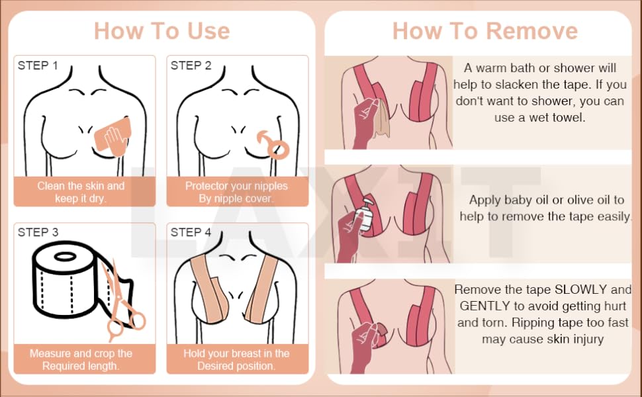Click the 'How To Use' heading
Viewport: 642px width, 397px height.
pyautogui.click(x=161, y=31)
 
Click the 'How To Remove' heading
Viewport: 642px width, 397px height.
pyautogui.click(x=484, y=31)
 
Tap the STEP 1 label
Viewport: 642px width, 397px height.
pyautogui.click(x=38, y=66)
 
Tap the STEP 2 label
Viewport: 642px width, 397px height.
pyautogui.click(x=191, y=66)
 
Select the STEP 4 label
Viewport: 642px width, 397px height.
pyautogui.click(x=191, y=232)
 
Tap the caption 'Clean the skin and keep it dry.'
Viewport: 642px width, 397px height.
pyautogui.click(x=81, y=192)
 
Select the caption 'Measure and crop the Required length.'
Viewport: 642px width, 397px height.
pyautogui.click(x=81, y=359)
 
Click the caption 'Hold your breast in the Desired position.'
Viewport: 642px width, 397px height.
pyautogui.click(x=236, y=359)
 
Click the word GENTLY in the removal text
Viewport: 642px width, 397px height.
pyautogui.click(x=486, y=306)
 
